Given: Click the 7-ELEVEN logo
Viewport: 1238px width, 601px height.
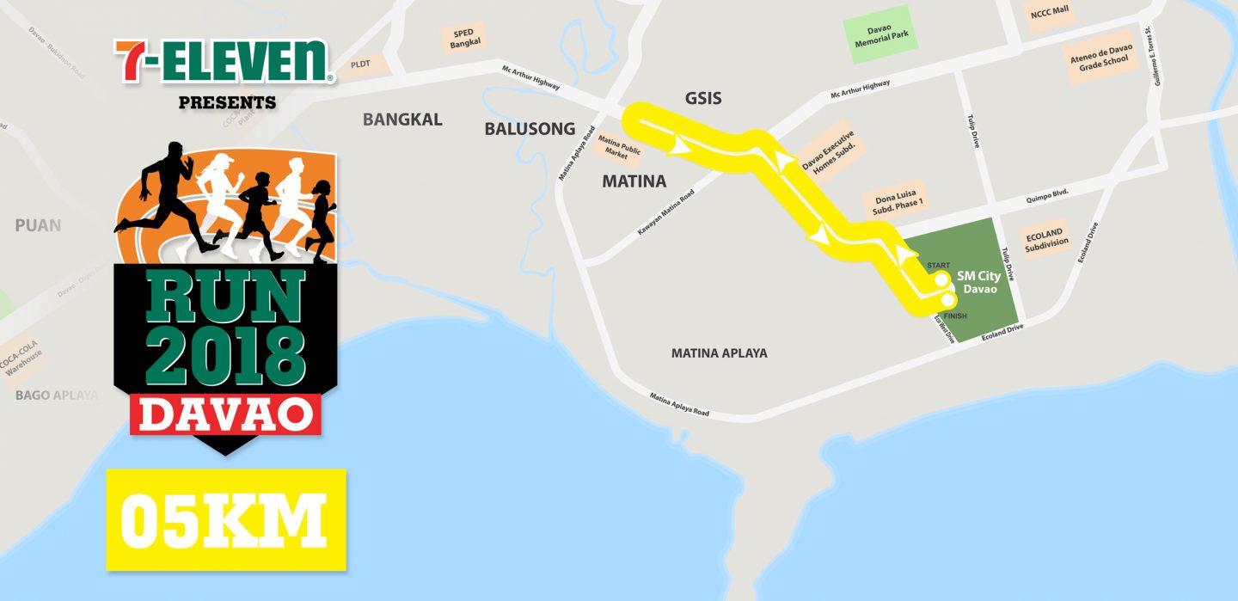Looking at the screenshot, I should (224, 61).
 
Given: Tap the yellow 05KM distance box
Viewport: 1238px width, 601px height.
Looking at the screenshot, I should (225, 519).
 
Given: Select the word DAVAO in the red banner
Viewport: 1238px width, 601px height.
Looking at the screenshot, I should (226, 414).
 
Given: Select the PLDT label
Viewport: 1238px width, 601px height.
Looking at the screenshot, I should (360, 64).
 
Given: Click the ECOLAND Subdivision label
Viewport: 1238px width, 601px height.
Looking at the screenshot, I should (1046, 237).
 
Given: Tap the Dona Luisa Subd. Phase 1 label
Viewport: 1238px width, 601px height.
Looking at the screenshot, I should (898, 200).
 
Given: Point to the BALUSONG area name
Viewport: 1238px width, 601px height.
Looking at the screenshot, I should (530, 129).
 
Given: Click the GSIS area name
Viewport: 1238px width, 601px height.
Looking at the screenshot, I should (702, 98).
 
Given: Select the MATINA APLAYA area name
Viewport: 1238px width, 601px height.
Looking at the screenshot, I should (719, 353).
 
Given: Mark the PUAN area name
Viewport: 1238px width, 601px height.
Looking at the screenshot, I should (38, 225).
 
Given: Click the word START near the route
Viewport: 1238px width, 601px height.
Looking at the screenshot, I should (938, 265).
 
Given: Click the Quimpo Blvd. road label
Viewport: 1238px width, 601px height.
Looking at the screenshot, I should (1046, 195).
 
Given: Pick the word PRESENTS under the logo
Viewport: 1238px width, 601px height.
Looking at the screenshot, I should (227, 103).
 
